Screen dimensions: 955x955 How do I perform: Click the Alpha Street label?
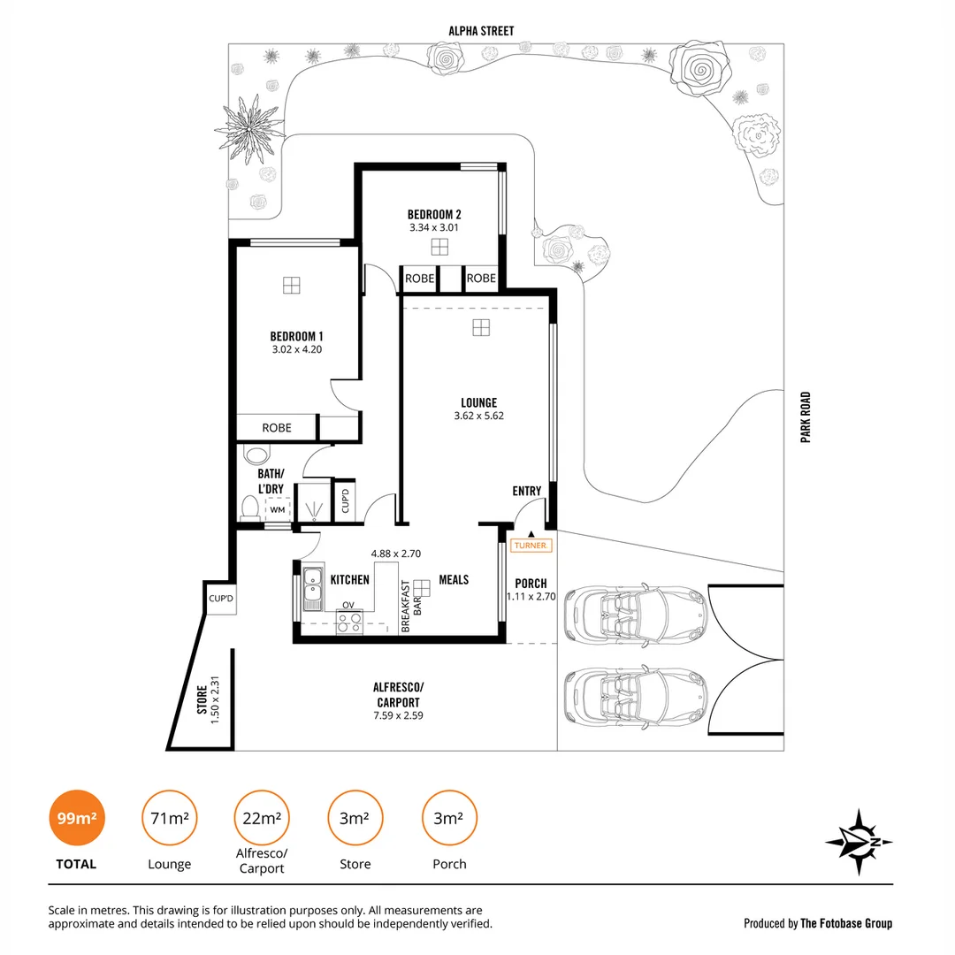480,31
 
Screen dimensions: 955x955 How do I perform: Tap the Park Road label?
806,417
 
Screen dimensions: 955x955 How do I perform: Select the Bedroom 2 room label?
434,214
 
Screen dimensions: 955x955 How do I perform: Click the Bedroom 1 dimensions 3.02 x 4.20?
296,349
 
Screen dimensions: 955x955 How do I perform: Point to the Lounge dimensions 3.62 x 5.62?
478,416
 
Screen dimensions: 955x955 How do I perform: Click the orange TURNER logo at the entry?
531,546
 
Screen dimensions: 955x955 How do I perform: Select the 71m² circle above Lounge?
169,818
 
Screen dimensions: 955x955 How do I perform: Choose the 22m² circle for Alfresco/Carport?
262,818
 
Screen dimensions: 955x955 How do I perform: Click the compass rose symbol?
859,843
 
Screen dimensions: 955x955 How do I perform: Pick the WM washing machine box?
278,509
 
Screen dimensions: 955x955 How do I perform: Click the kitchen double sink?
312,589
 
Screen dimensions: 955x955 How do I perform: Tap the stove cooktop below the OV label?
348,623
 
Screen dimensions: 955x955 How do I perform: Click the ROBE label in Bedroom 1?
277,428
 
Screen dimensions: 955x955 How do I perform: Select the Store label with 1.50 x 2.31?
207,705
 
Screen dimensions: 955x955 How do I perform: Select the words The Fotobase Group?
846,923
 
